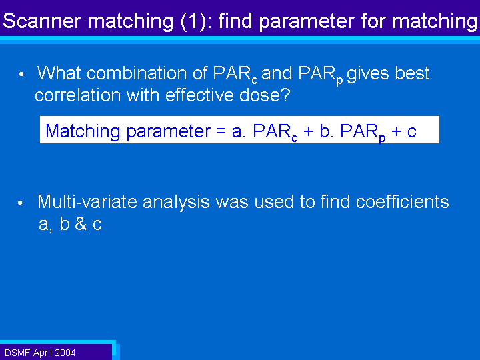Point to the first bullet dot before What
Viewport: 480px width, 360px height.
click(x=21, y=74)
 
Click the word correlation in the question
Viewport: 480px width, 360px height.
click(x=78, y=95)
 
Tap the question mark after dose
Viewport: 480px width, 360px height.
click(x=285, y=95)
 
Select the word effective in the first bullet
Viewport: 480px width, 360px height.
click(x=199, y=95)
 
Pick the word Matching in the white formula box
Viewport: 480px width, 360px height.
click(x=83, y=131)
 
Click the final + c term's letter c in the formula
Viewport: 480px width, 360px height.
click(x=412, y=131)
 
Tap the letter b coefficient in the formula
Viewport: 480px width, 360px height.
click(x=325, y=131)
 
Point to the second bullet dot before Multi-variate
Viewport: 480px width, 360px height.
click(x=20, y=203)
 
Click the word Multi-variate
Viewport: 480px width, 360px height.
click(x=87, y=202)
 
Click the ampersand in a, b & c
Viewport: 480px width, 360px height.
click(x=81, y=223)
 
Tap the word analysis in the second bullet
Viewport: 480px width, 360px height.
click(x=176, y=203)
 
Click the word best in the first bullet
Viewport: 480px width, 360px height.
click(x=412, y=73)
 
